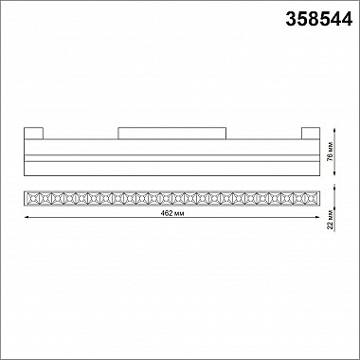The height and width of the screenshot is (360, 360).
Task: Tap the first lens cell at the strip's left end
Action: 30,199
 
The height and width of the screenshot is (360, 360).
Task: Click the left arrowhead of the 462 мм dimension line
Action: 24,219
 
